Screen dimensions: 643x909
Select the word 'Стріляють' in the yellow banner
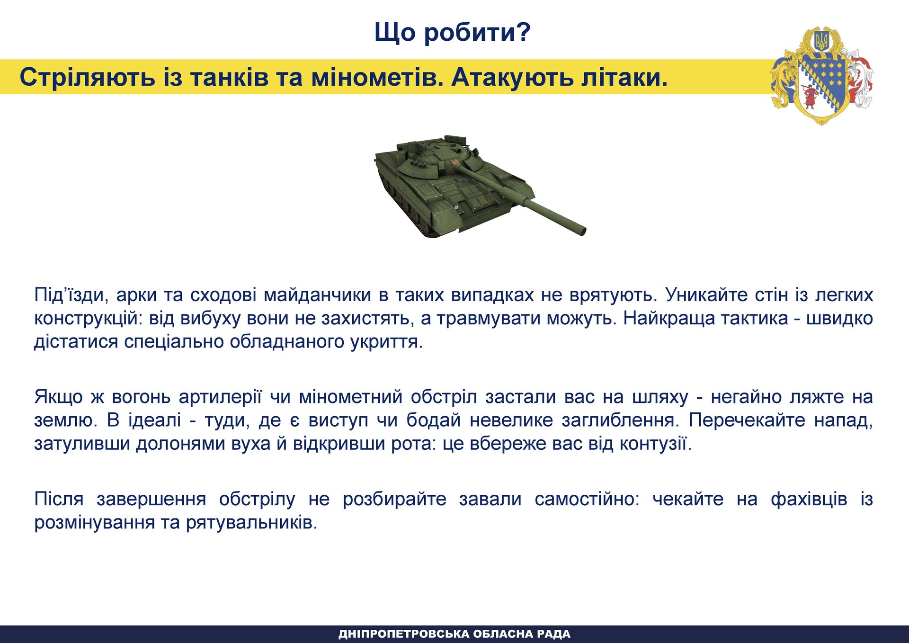(87, 77)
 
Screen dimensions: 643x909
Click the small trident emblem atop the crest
(821, 41)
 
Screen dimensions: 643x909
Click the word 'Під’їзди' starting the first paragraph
(71, 295)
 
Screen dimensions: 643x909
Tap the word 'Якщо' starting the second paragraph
(59, 397)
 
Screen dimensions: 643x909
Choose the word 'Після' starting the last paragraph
(59, 499)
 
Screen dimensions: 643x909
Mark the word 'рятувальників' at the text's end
(251, 523)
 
